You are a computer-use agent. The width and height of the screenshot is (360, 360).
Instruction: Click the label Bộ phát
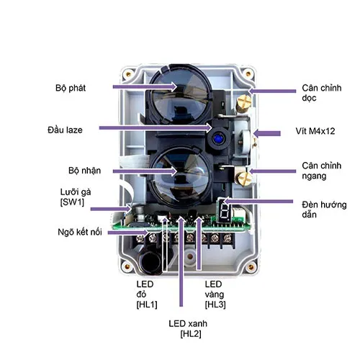tap(71, 89)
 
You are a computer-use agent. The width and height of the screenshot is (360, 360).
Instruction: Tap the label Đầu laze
tap(65, 130)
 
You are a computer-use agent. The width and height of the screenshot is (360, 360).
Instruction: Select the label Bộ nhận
tap(84, 171)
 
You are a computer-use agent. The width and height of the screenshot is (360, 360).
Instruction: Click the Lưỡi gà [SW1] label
tap(76, 197)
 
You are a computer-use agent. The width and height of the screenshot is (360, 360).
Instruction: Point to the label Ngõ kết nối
tap(80, 232)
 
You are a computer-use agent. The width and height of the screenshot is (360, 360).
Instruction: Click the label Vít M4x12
tap(315, 131)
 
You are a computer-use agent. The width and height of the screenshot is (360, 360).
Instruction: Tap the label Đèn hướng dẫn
tap(324, 210)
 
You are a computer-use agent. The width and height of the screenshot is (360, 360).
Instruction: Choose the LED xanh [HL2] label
tap(188, 328)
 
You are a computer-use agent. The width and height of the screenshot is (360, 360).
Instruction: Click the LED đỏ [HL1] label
tap(147, 294)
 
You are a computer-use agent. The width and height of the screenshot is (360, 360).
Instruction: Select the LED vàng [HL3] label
tap(215, 294)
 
